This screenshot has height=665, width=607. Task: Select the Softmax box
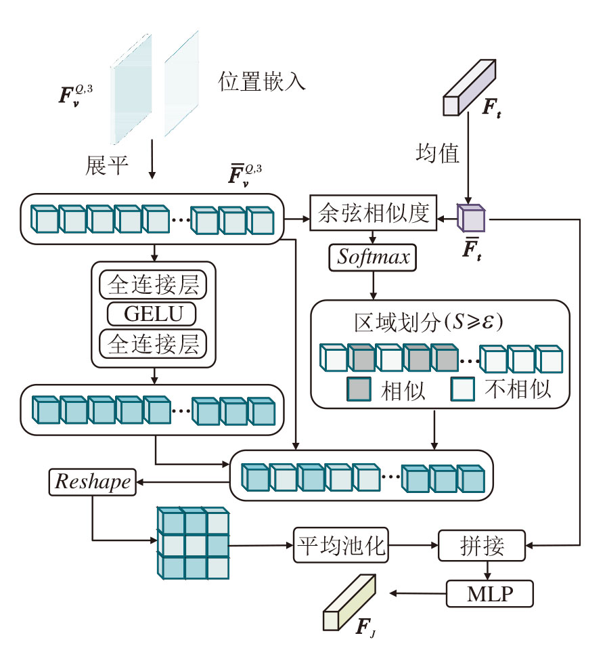tap(373, 257)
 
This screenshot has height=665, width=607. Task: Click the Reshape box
tap(91, 481)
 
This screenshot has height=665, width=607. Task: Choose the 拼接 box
tap(482, 546)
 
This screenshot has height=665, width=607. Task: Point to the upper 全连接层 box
tap(153, 285)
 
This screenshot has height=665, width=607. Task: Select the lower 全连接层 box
tap(153, 343)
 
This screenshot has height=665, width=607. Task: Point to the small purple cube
tap(472, 218)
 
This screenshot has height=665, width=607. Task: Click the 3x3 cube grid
tap(193, 542)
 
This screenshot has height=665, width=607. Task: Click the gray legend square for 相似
tap(358, 389)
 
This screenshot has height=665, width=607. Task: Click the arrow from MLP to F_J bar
tap(418, 594)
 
